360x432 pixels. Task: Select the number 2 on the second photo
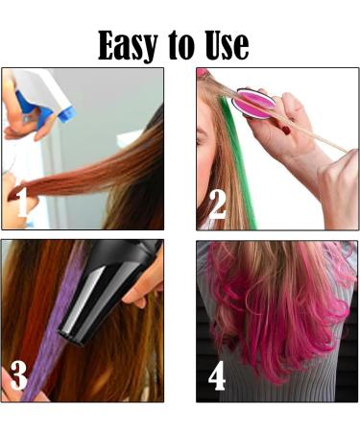pyautogui.click(x=217, y=203)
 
